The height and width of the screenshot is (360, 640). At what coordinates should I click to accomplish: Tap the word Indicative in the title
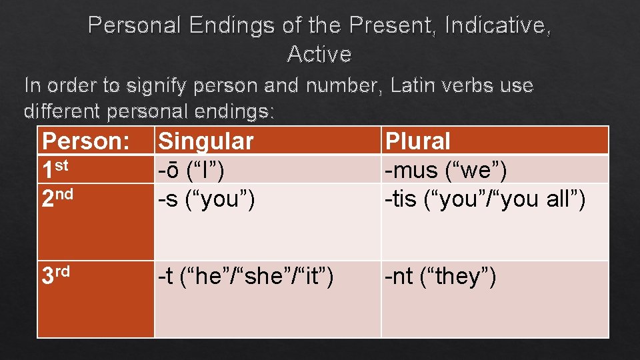pyautogui.click(x=497, y=26)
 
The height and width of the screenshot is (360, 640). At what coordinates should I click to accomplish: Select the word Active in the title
pyautogui.click(x=319, y=54)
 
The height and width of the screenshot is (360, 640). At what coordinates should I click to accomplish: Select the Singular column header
pyautogui.click(x=206, y=141)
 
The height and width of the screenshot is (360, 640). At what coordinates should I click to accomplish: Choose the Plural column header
pyautogui.click(x=419, y=141)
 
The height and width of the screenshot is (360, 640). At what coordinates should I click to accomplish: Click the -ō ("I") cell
pyautogui.click(x=191, y=171)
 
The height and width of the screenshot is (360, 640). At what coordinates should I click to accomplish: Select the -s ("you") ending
pyautogui.click(x=206, y=199)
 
